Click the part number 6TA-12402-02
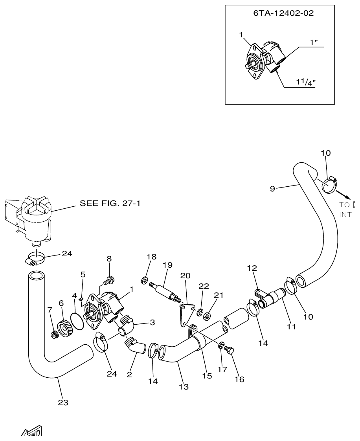[283, 13]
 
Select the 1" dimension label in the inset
[314, 42]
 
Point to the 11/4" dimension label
[305, 82]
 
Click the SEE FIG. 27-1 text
[110, 203]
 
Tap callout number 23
[63, 402]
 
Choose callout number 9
[272, 189]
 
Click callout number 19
[167, 265]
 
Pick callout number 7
[50, 310]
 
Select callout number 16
[239, 379]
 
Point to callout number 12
[252, 268]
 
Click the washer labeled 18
[145, 280]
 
